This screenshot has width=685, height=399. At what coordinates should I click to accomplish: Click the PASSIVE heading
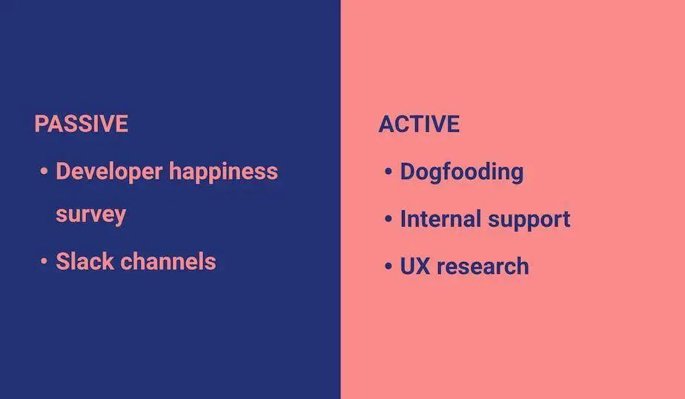pos(82,124)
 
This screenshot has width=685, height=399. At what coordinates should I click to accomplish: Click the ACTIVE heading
pos(419,124)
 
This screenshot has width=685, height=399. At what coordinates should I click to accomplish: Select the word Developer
pos(109,172)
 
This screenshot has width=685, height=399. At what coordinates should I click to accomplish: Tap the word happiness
pos(223,172)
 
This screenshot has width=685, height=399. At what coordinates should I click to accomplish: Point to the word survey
pos(91,215)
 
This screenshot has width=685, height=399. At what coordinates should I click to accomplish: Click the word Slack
pos(85,261)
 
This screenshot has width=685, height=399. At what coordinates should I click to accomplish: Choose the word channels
pos(168,261)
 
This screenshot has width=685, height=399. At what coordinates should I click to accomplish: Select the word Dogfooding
pos(462,172)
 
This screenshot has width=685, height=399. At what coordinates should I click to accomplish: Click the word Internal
pos(441,219)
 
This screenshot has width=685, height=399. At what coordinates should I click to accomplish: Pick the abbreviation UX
pos(415,266)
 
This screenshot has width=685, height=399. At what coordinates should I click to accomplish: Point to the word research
pos(483,266)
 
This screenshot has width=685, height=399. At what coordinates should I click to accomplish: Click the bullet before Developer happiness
pos(44,171)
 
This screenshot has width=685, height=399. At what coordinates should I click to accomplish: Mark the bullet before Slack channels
pos(44,261)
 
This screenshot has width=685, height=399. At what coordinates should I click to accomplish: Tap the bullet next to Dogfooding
pos(388,172)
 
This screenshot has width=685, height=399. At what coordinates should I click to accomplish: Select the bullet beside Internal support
pos(388,218)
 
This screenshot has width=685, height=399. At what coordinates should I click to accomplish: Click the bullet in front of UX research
pos(388,266)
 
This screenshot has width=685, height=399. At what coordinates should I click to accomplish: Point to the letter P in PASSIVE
pos(42,124)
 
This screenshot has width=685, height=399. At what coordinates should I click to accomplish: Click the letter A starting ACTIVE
pos(386,124)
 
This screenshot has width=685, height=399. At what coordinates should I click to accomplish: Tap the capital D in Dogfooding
pos(408,172)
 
